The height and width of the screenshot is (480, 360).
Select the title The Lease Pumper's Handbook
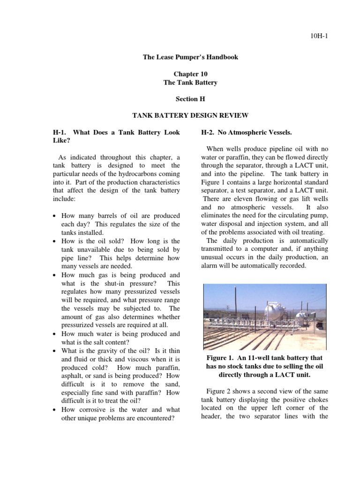[190, 57]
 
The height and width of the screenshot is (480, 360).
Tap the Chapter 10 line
[190, 74]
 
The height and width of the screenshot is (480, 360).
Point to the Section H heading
[190, 99]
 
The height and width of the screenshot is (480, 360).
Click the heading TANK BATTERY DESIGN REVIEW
[190, 115]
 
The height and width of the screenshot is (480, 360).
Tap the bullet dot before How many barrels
[55, 216]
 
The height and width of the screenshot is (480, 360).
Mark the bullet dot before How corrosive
[55, 410]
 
